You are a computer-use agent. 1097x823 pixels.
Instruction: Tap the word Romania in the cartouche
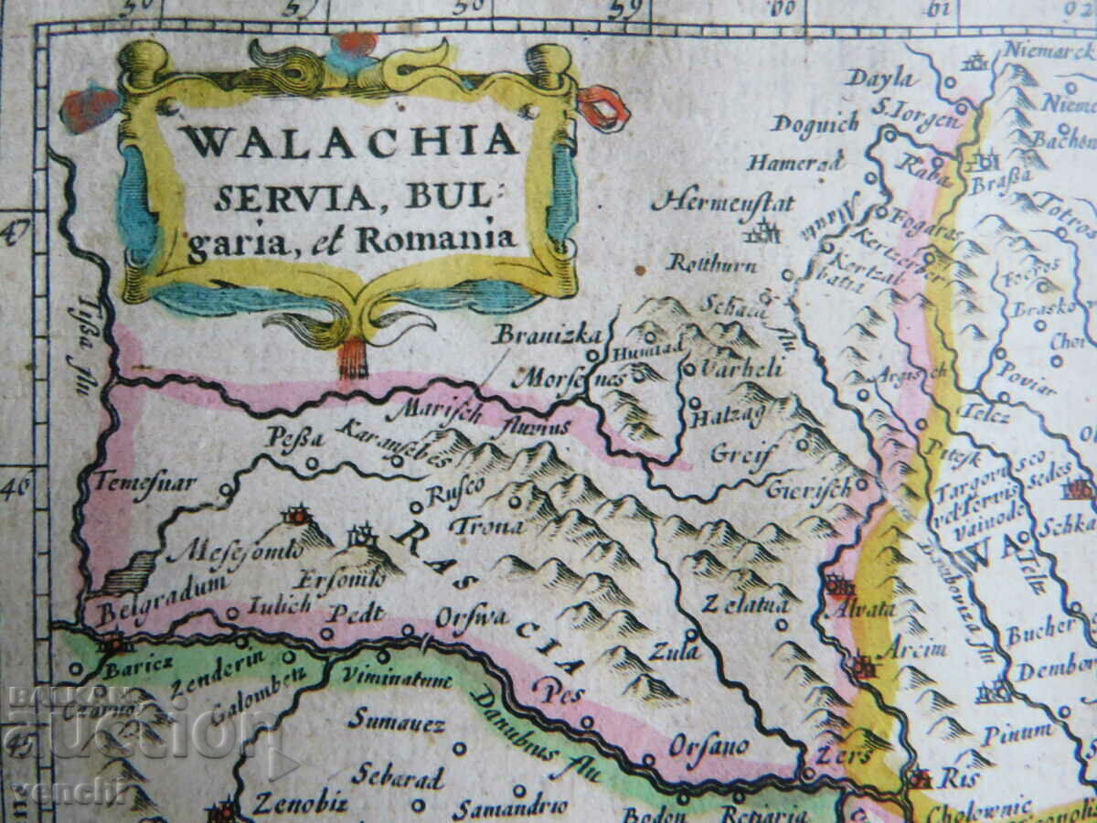(x=436, y=240)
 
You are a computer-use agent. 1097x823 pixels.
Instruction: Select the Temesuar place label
(x=146, y=482)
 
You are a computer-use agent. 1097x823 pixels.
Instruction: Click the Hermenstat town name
(x=722, y=201)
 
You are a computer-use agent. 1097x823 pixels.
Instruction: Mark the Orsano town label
(x=708, y=746)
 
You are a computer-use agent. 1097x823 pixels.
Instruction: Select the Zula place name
(x=675, y=651)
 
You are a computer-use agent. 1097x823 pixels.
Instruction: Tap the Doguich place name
(x=815, y=123)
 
